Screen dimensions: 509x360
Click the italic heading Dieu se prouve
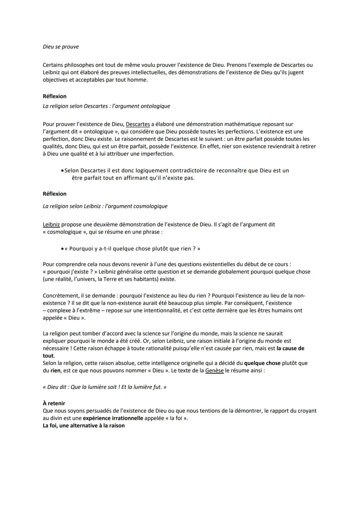(61, 47)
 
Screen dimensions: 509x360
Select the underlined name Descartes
(138, 124)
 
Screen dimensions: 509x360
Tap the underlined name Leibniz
(51, 225)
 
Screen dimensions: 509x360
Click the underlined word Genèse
(214, 370)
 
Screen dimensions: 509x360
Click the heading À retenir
(54, 403)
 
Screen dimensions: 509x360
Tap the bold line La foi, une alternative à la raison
(84, 426)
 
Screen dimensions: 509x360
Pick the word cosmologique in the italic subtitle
(150, 206)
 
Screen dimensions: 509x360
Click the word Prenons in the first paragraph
(237, 65)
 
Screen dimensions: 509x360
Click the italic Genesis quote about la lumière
(105, 387)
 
